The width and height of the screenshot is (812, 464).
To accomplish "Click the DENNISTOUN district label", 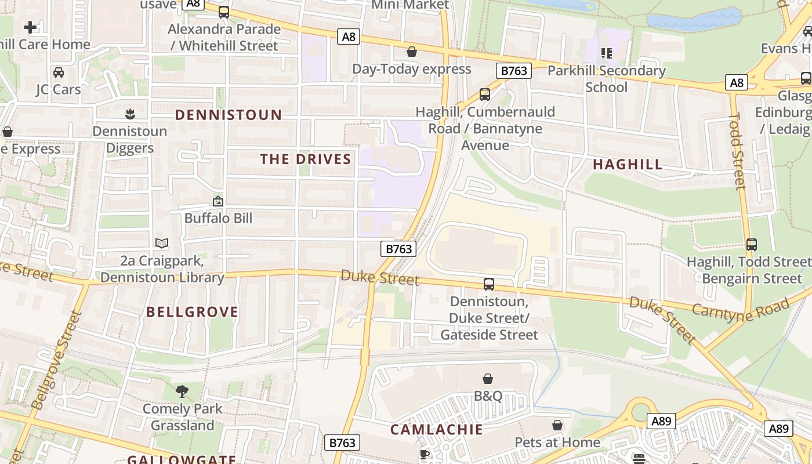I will coord(229,115).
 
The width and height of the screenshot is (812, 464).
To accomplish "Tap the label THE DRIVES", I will coord(305,159).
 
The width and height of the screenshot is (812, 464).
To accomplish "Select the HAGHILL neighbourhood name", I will coord(628,165).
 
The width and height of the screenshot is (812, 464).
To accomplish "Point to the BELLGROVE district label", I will coord(192,312).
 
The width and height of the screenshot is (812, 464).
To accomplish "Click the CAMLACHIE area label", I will coord(436,430).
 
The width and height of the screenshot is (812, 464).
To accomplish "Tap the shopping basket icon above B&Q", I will coord(488,379).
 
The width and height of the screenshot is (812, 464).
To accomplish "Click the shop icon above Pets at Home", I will coord(557,425).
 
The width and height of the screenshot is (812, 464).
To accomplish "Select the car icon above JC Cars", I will coord(59,72).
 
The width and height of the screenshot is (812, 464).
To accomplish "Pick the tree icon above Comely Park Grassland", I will coord(182,391).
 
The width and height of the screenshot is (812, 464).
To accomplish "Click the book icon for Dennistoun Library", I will coord(162,244).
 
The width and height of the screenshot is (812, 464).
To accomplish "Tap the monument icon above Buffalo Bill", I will coord(218,201).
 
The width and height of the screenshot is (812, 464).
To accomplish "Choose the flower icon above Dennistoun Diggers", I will coord(130,114).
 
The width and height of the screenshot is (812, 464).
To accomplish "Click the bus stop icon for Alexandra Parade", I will coord(224,12).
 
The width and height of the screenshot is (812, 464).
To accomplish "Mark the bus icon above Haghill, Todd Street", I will coord(752,245).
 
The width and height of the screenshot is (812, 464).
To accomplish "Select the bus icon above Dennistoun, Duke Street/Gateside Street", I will coord(489,284).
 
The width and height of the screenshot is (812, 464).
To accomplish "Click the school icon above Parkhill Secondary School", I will coord(607,54).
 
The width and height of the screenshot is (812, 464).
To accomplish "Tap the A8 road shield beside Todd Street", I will coord(736,83).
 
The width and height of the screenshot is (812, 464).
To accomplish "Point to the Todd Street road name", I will coord(737,151).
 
